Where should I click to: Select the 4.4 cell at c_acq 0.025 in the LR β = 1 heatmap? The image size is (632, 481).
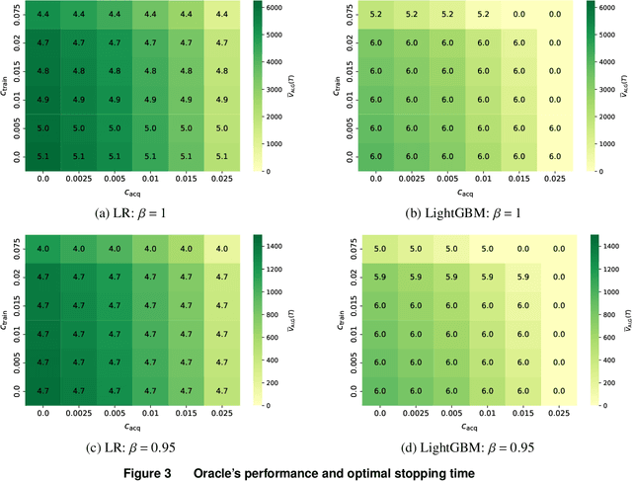[x=221, y=14]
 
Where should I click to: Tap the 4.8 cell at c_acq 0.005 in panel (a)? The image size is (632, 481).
[x=116, y=71]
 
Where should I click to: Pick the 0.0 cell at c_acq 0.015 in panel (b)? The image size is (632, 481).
[x=520, y=14]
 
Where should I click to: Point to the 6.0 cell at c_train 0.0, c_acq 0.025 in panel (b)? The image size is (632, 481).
[x=555, y=155]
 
